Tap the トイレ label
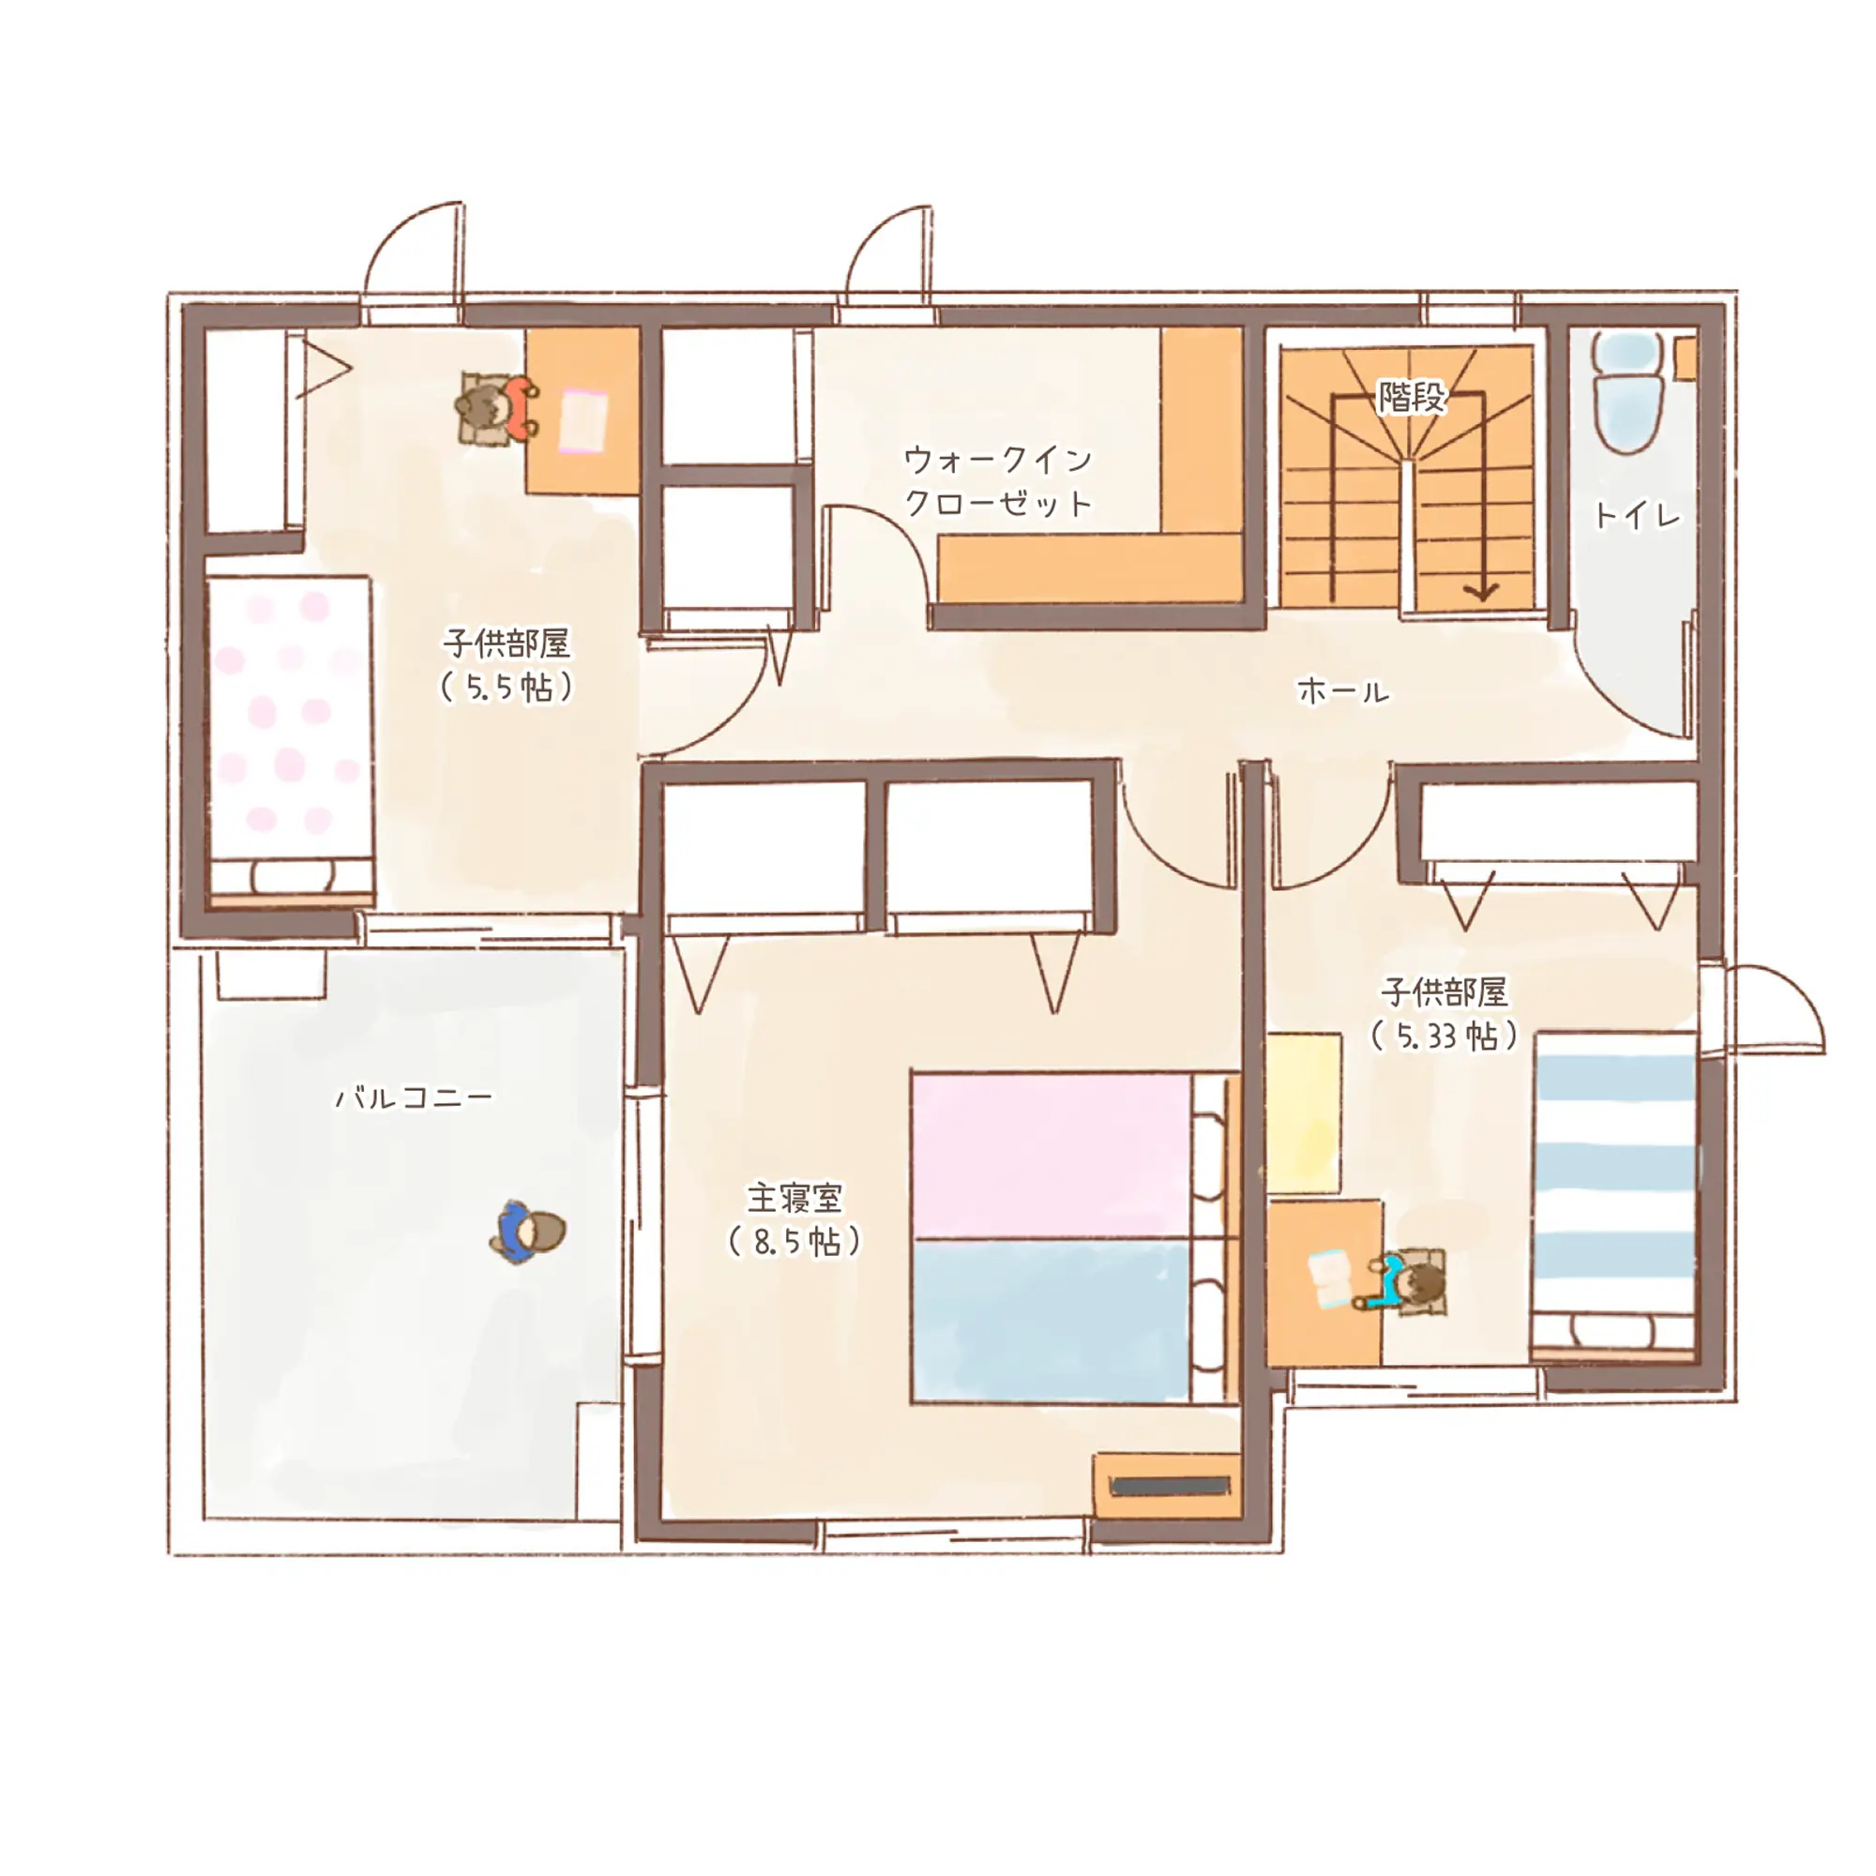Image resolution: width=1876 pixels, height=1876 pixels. coord(1637,516)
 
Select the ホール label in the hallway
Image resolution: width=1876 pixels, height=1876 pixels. coord(1343,691)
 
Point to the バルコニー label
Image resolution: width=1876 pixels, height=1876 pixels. coord(414,1098)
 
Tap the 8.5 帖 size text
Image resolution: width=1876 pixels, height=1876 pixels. coord(794,1242)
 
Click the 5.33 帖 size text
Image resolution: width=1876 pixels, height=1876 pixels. coord(1444,1036)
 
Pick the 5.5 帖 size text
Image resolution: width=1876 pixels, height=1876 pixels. coord(507,688)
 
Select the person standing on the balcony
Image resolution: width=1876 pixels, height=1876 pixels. coord(528,1233)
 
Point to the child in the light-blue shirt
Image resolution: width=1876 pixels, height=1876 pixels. coord(1404,1282)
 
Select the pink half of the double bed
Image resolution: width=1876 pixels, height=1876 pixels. coord(1051,1156)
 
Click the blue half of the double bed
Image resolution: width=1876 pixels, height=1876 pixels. coord(1051,1321)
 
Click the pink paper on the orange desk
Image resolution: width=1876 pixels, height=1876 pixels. coord(582,420)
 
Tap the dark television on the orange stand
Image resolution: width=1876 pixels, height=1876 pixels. coord(1170,1487)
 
